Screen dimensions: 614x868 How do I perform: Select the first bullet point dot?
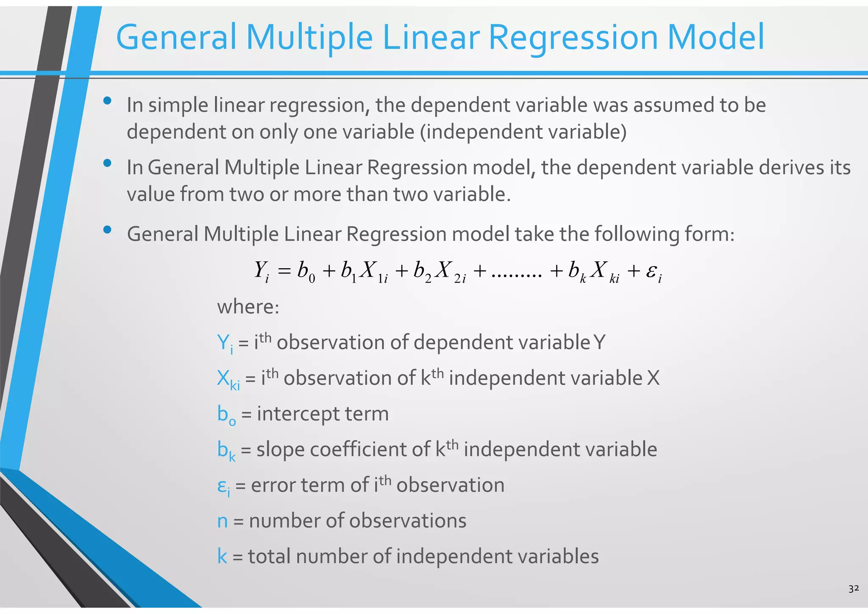107,101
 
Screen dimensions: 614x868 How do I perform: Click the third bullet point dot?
107,230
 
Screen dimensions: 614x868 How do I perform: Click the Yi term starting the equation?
262,271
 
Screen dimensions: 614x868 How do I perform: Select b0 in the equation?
306,271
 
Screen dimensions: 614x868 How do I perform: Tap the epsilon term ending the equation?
654,272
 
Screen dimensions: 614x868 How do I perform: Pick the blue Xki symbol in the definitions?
228,379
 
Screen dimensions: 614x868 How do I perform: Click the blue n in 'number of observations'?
223,521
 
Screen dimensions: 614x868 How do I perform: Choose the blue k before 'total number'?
222,556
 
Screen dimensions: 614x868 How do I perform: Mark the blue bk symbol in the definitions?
226,451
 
